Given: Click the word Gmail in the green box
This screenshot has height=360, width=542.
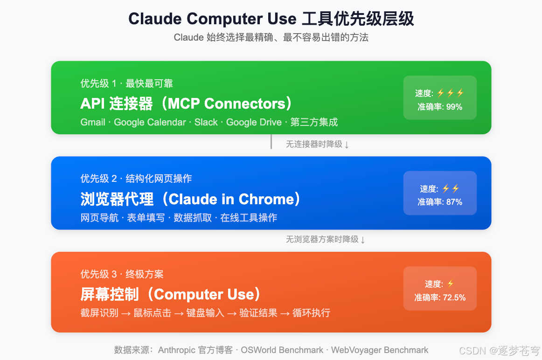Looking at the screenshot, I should click(x=93, y=122).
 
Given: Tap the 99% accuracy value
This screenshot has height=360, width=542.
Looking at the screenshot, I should click(x=454, y=107).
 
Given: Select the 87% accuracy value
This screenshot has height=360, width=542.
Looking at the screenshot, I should click(x=454, y=202).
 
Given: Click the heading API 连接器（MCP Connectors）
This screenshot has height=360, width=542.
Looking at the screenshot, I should click(x=186, y=103).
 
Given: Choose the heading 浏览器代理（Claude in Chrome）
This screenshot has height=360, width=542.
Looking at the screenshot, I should click(x=191, y=199).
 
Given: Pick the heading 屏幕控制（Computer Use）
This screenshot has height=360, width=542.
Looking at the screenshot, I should click(x=171, y=294).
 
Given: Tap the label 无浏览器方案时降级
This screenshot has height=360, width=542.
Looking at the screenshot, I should click(x=322, y=239).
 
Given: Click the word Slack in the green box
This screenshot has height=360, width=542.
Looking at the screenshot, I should click(x=206, y=122).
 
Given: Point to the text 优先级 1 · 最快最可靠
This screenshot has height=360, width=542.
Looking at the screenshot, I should click(x=126, y=83).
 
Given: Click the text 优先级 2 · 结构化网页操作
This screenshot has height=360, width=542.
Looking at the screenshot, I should click(x=136, y=179).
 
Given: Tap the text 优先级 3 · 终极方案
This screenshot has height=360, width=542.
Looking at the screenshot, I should click(x=122, y=274).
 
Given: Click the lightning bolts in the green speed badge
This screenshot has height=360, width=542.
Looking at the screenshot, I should click(x=451, y=93).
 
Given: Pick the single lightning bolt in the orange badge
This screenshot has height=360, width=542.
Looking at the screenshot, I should click(x=450, y=284).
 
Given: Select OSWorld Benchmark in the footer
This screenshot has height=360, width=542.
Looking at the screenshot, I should click(x=282, y=350).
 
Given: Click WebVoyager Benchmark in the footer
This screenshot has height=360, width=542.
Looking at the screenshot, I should click(x=379, y=350).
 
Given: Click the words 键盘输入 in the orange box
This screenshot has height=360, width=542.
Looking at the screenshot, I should click(x=205, y=313).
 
